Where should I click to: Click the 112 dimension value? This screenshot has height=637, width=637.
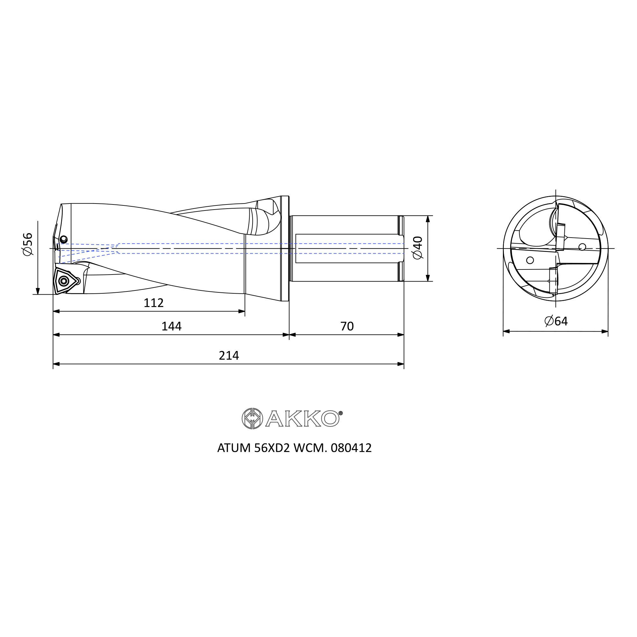154,303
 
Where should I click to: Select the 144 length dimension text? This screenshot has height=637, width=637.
171,326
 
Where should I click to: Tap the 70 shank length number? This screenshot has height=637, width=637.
347,326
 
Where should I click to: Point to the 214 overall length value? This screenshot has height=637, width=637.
229,355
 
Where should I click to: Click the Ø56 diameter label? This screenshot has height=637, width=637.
28,244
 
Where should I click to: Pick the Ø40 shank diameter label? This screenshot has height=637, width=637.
418,247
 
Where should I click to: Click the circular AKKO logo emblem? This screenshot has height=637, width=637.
252,419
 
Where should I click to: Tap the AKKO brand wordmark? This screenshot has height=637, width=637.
302,419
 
